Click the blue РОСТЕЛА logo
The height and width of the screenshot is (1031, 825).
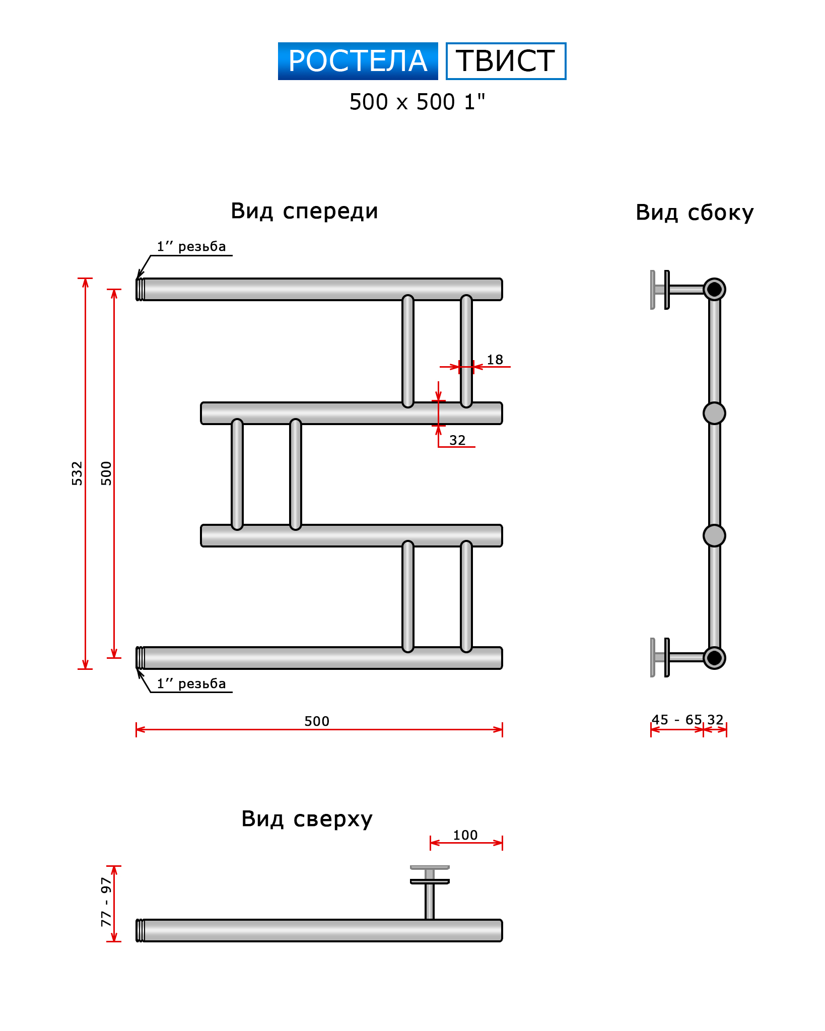pyautogui.click(x=358, y=61)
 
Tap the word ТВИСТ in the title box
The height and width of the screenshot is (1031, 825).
pyautogui.click(x=506, y=61)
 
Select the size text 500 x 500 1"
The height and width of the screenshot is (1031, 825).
pyautogui.click(x=417, y=102)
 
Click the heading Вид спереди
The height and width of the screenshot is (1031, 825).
pyautogui.click(x=304, y=211)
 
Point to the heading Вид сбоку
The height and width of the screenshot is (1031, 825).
pyautogui.click(x=695, y=213)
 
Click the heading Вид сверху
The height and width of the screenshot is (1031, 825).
pyautogui.click(x=307, y=819)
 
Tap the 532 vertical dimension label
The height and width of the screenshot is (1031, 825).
pyautogui.click(x=77, y=473)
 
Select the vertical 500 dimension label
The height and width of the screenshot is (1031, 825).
pyautogui.click(x=106, y=473)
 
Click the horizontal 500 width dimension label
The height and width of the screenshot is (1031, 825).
pyautogui.click(x=317, y=721)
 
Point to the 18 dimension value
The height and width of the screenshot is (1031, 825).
pyautogui.click(x=495, y=360)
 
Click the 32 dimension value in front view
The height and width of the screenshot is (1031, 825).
pyautogui.click(x=457, y=440)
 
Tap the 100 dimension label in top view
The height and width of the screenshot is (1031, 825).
pyautogui.click(x=465, y=835)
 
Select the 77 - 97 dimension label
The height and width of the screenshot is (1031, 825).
pyautogui.click(x=106, y=902)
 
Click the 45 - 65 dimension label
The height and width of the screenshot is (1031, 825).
pyautogui.click(x=676, y=720)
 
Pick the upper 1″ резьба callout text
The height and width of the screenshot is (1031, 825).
pyautogui.click(x=191, y=246)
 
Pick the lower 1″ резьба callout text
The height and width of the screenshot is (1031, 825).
pyautogui.click(x=191, y=683)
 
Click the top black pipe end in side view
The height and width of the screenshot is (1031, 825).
pyautogui.click(x=714, y=289)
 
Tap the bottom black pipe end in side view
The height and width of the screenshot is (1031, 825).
pyautogui.click(x=714, y=658)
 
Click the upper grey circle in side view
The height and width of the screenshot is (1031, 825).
pyautogui.click(x=714, y=414)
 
